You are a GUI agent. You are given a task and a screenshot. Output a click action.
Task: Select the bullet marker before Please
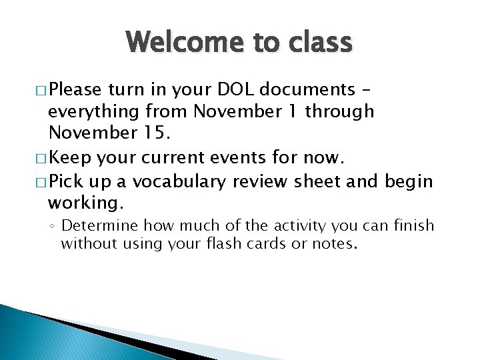click(39, 90)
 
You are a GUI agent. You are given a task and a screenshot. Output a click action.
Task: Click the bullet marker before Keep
click(39, 159)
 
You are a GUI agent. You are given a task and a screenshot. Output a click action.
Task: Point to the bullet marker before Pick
click(39, 182)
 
